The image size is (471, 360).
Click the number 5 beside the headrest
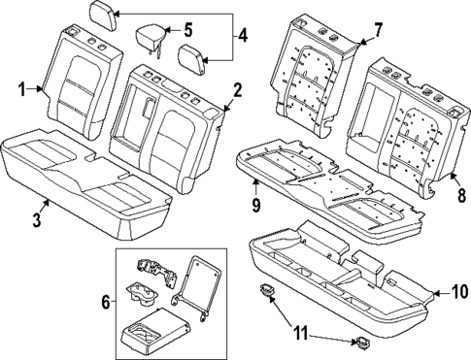pos(187,29)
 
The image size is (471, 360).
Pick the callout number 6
pos(104,302)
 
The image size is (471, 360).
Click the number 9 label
pos(254,205)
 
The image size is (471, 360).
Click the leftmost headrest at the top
pos(102,15)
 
